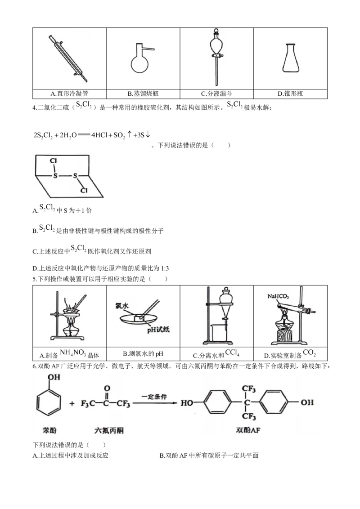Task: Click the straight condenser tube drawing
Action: [x=68, y=58]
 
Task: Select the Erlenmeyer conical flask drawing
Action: [x=290, y=58]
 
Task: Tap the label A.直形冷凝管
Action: [x=69, y=94]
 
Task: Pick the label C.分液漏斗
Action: [x=216, y=94]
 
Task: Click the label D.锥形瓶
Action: [x=290, y=94]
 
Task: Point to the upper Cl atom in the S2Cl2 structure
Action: [x=53, y=161]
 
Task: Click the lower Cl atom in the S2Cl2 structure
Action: [x=84, y=190]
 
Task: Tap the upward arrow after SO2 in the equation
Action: [x=129, y=134]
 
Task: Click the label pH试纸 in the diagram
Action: [x=158, y=330]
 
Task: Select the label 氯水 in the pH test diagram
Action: [x=122, y=305]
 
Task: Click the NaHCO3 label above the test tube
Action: [x=278, y=296]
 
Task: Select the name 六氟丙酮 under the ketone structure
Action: [x=109, y=430]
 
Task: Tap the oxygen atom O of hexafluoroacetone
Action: [x=107, y=388]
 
